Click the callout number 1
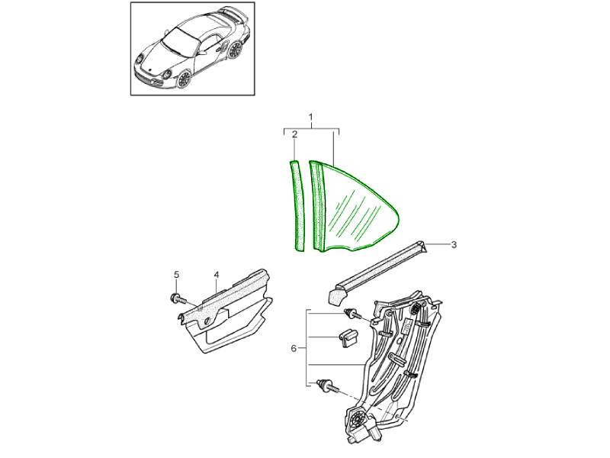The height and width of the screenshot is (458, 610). pos(311,117)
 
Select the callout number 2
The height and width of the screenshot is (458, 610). pos(294,134)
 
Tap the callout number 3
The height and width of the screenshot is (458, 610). pos(454,245)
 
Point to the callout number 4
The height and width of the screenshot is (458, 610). pos(217,275)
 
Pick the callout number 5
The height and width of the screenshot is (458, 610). pos(176,275)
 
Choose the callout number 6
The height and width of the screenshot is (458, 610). pos(294,348)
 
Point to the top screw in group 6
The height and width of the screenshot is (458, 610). pos(352,314)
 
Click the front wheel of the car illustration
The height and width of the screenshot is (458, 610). pos(184,79)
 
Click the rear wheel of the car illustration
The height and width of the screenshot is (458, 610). pos(236,50)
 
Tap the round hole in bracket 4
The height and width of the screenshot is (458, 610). pos(206,321)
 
